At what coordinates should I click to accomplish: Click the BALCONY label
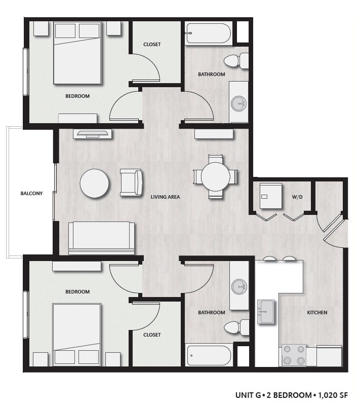click(31, 193)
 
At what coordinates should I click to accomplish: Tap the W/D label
click(297, 197)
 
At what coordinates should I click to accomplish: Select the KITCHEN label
click(317, 312)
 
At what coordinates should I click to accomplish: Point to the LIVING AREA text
click(165, 197)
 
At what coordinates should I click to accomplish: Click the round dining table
click(216, 176)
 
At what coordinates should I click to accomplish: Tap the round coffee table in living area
click(94, 183)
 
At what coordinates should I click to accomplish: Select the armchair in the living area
click(131, 182)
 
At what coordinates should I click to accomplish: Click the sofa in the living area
click(102, 237)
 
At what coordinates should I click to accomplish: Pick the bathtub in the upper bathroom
click(208, 33)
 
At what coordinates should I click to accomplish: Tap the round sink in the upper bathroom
click(239, 104)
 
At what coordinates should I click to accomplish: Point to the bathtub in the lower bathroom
click(208, 355)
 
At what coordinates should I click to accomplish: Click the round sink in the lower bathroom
click(239, 286)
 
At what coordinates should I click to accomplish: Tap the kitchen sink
click(266, 311)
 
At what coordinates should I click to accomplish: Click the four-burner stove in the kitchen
click(294, 355)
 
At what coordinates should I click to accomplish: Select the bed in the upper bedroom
click(77, 53)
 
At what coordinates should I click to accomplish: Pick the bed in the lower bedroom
click(77, 335)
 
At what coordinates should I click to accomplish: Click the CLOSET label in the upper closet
click(152, 45)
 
